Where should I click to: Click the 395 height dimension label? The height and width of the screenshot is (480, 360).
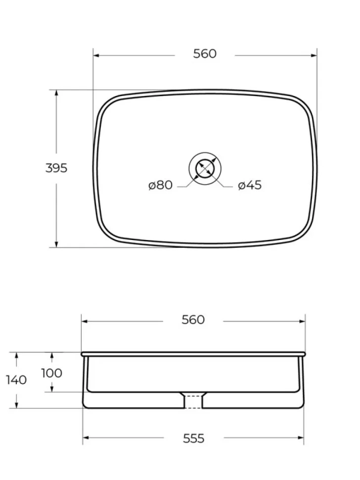click(56, 168)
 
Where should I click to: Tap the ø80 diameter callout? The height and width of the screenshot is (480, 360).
click(160, 185)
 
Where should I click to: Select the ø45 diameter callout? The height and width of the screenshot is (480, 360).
click(250, 185)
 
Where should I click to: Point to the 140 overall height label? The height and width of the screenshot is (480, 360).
click(16, 380)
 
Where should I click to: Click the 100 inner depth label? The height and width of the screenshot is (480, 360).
click(52, 373)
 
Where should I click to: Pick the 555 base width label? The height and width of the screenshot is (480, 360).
click(194, 438)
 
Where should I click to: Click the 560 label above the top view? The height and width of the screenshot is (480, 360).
click(205, 54)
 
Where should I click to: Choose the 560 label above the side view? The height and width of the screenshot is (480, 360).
click(193, 320)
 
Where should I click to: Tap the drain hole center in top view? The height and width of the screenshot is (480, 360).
click(205, 168)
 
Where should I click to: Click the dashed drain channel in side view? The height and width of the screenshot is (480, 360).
click(193, 402)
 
